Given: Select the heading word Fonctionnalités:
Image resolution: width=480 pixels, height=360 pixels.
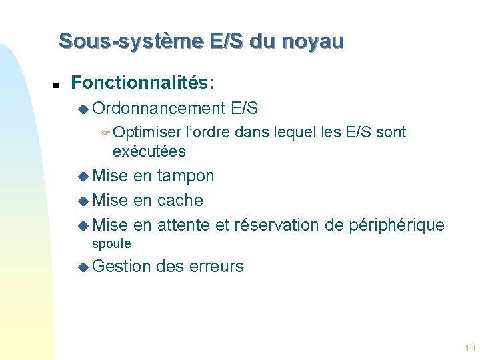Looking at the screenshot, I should point(143,83).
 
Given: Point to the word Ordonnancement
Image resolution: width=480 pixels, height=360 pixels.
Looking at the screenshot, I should point(159,108).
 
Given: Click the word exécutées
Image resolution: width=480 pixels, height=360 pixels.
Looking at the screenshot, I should point(149,151).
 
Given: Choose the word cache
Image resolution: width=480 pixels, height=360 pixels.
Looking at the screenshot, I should point(180,201).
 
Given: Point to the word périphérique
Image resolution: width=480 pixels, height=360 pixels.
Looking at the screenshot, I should point(396,225).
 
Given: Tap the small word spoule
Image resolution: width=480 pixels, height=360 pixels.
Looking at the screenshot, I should point(111,244).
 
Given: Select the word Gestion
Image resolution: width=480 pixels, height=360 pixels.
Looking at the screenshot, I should point(122,267).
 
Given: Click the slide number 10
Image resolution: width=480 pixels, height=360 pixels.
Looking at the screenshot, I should point(469,348).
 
